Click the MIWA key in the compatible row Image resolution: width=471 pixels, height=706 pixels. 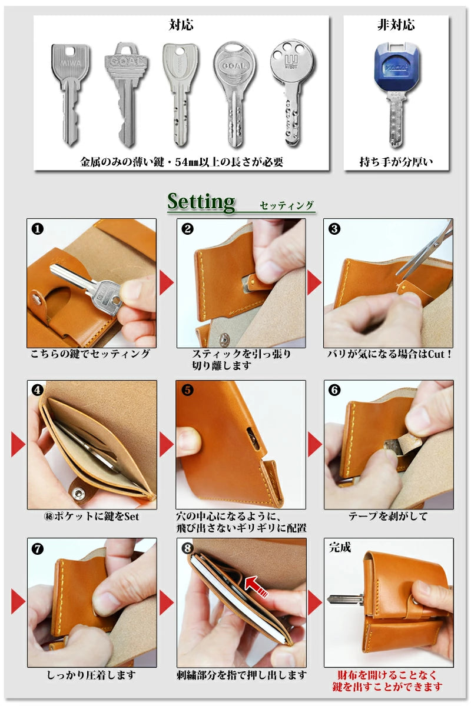click(71, 94)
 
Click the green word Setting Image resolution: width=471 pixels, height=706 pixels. click(201, 201)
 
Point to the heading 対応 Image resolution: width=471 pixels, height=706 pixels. click(181, 25)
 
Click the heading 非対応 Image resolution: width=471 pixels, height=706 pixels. click(396, 25)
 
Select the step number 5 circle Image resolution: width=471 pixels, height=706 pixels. click(187, 390)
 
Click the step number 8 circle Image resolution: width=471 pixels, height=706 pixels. click(187, 548)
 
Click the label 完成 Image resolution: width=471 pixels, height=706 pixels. click(340, 547)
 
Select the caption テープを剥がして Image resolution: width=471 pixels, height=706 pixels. click(388, 516)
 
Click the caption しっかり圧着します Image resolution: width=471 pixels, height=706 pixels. click(91, 675)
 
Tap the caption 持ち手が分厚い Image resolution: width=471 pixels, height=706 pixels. click(396, 161)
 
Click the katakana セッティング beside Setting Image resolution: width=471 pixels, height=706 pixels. click(287, 205)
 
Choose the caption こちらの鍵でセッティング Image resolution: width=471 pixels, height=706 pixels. click(91, 354)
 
